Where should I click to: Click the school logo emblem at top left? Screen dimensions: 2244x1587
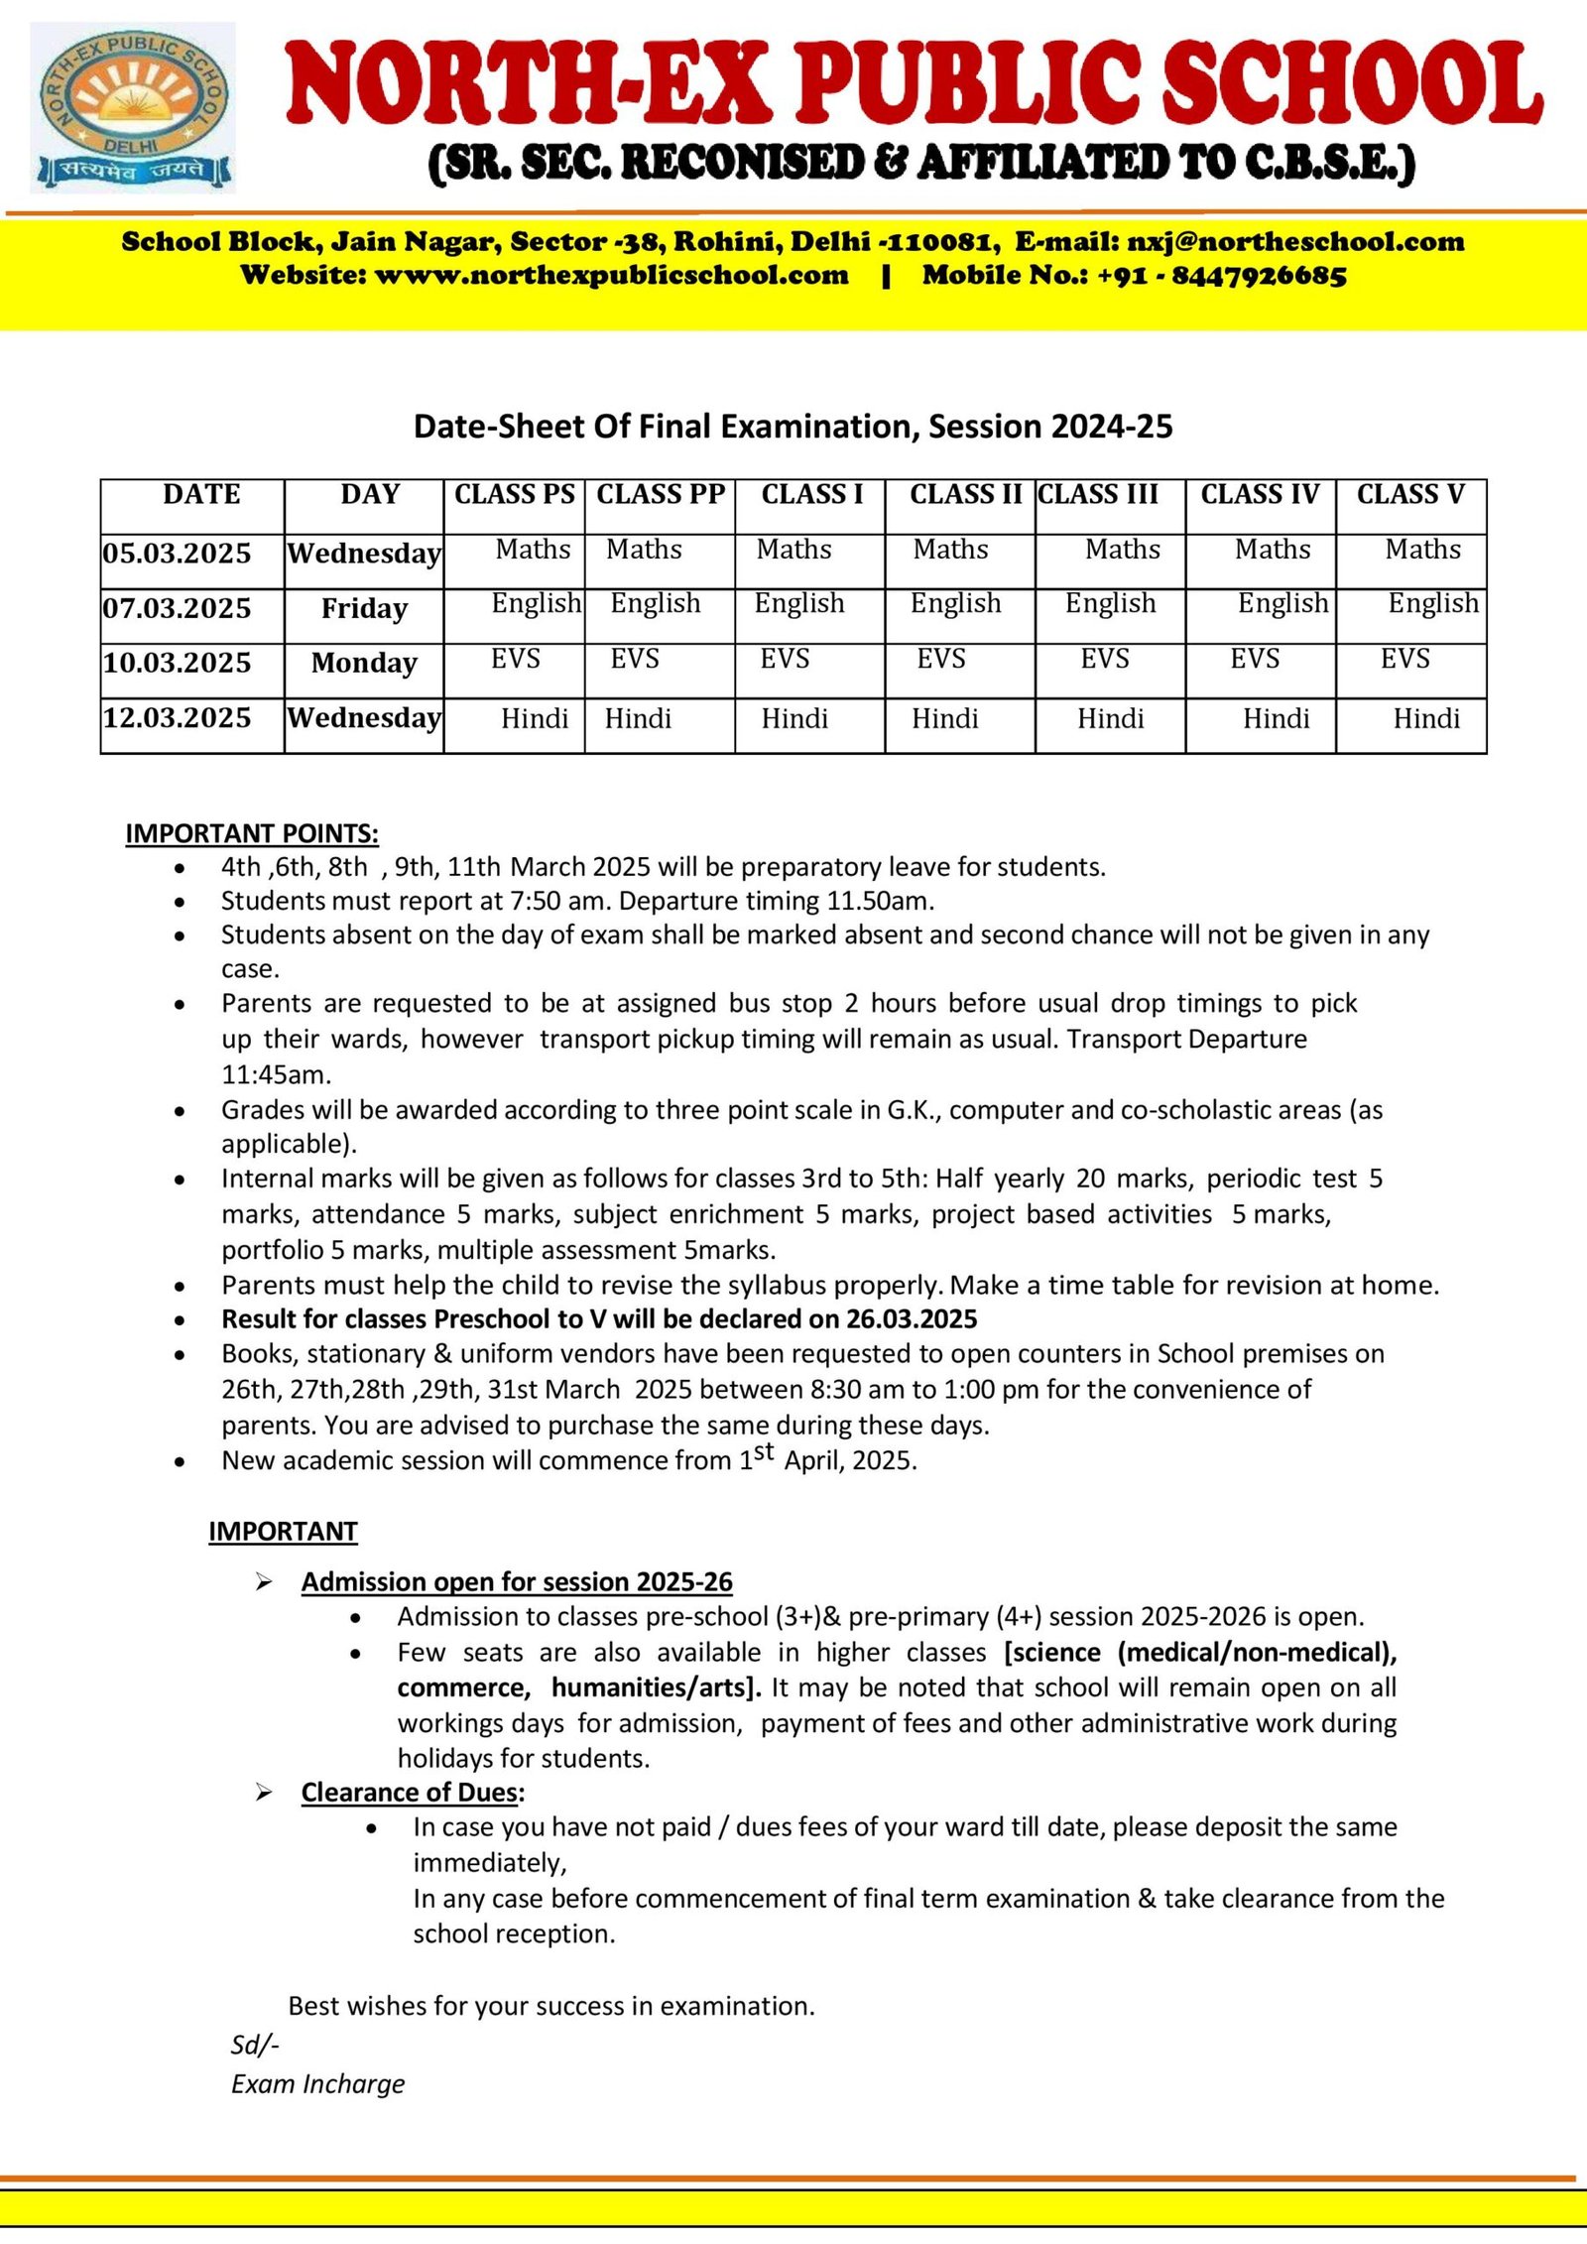(x=133, y=106)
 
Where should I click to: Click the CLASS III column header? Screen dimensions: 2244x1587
(x=1098, y=494)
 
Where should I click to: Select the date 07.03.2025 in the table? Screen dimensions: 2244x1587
(x=178, y=608)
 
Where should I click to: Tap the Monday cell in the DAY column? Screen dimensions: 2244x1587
(x=364, y=663)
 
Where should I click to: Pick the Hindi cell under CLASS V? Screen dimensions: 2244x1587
(x=1426, y=718)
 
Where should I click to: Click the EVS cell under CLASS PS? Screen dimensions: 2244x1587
(x=516, y=659)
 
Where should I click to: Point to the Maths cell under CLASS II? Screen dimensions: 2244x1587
(x=950, y=549)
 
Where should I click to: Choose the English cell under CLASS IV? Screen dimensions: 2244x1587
(x=1282, y=603)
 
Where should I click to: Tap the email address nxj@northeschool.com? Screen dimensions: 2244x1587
(x=1295, y=241)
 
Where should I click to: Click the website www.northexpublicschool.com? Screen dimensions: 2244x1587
(x=611, y=276)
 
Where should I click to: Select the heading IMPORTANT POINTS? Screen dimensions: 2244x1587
(x=252, y=833)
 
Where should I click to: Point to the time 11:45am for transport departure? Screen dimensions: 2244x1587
(x=276, y=1074)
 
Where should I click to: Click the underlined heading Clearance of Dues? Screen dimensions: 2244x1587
(x=411, y=1792)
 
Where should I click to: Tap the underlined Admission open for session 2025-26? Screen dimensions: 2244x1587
(x=517, y=1581)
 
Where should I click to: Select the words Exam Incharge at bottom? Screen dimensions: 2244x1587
(x=318, y=2083)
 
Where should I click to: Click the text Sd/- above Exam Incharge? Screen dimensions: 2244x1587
(x=255, y=2044)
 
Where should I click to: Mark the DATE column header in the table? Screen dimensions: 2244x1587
(x=201, y=494)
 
